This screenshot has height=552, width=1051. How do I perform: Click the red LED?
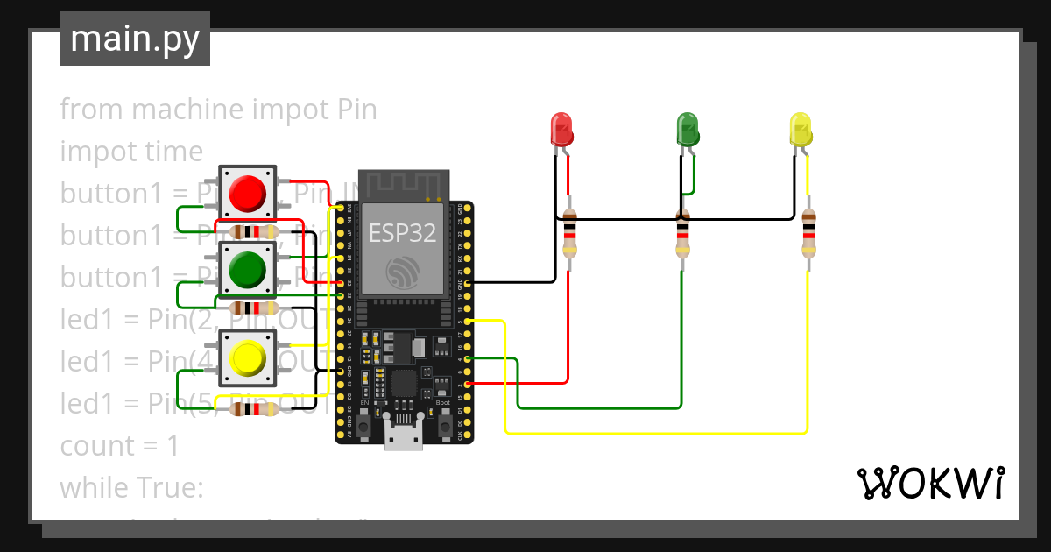(561, 129)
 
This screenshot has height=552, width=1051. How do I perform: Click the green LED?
(688, 129)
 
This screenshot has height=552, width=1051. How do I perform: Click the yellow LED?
(800, 129)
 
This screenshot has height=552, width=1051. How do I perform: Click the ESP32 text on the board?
(403, 233)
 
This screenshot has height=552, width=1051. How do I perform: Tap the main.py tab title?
(135, 39)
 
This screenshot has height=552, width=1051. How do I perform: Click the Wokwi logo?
(930, 484)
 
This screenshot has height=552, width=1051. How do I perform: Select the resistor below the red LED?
(569, 234)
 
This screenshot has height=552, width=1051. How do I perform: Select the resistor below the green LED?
(683, 234)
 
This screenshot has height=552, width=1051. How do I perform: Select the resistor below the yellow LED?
(808, 234)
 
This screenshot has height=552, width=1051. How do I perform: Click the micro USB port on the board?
(403, 436)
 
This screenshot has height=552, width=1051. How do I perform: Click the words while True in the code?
(131, 488)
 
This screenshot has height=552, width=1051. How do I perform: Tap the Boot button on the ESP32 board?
(444, 427)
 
